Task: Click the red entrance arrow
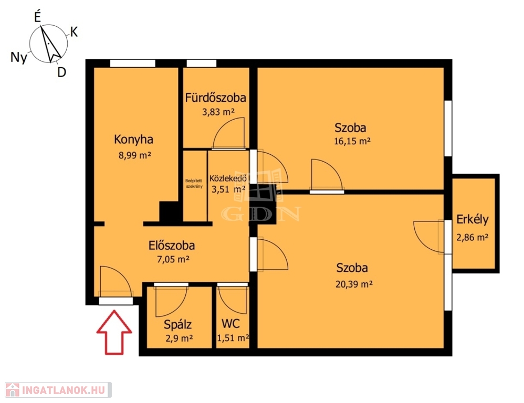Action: (114, 332)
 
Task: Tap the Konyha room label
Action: (134, 140)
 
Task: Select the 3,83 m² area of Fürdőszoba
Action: (218, 112)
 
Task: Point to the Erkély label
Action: (473, 220)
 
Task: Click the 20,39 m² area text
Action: (354, 284)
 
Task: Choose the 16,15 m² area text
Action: (352, 141)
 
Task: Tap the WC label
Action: (230, 324)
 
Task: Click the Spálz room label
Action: (177, 324)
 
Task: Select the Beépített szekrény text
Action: (194, 184)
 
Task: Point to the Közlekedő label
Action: (228, 178)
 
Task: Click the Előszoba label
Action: (172, 246)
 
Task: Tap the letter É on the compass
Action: (37, 17)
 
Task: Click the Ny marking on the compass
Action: (19, 57)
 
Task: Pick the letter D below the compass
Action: (61, 72)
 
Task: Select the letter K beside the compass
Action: (74, 32)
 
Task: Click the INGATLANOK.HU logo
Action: (58, 390)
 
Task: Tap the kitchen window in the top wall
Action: (133, 63)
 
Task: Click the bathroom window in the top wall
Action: (201, 63)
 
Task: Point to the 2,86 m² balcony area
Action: (473, 237)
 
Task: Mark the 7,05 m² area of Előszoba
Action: (173, 259)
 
